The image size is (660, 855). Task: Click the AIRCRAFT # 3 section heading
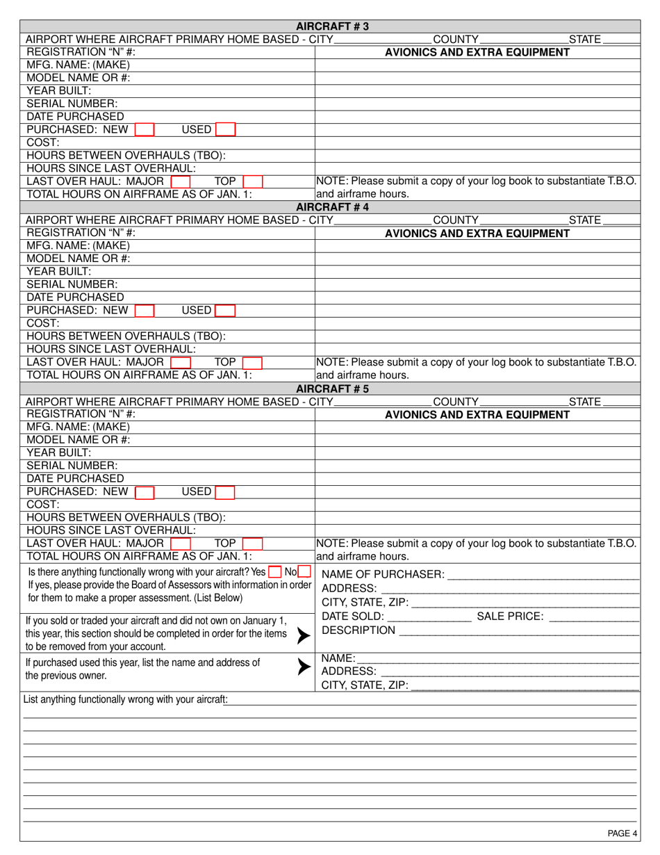pos(333,26)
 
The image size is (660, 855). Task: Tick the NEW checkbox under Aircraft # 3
pos(145,130)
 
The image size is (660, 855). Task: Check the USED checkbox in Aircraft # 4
pos(225,311)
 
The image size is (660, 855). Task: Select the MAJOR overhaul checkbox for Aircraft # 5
pos(181,544)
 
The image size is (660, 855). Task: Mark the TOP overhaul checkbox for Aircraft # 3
pos(252,182)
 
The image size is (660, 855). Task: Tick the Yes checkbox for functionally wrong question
pos(275,572)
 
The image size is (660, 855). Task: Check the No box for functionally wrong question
pos(304,572)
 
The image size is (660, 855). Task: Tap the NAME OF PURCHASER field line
pos(543,574)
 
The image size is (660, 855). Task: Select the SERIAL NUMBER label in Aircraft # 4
pos(72,284)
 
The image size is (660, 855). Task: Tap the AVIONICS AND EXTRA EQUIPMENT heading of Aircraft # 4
pos(477,234)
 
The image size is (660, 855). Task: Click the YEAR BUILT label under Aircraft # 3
pos(59,90)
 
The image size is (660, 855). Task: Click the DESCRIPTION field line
pos(518,630)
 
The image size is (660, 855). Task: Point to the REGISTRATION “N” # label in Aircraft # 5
pos(81,414)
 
